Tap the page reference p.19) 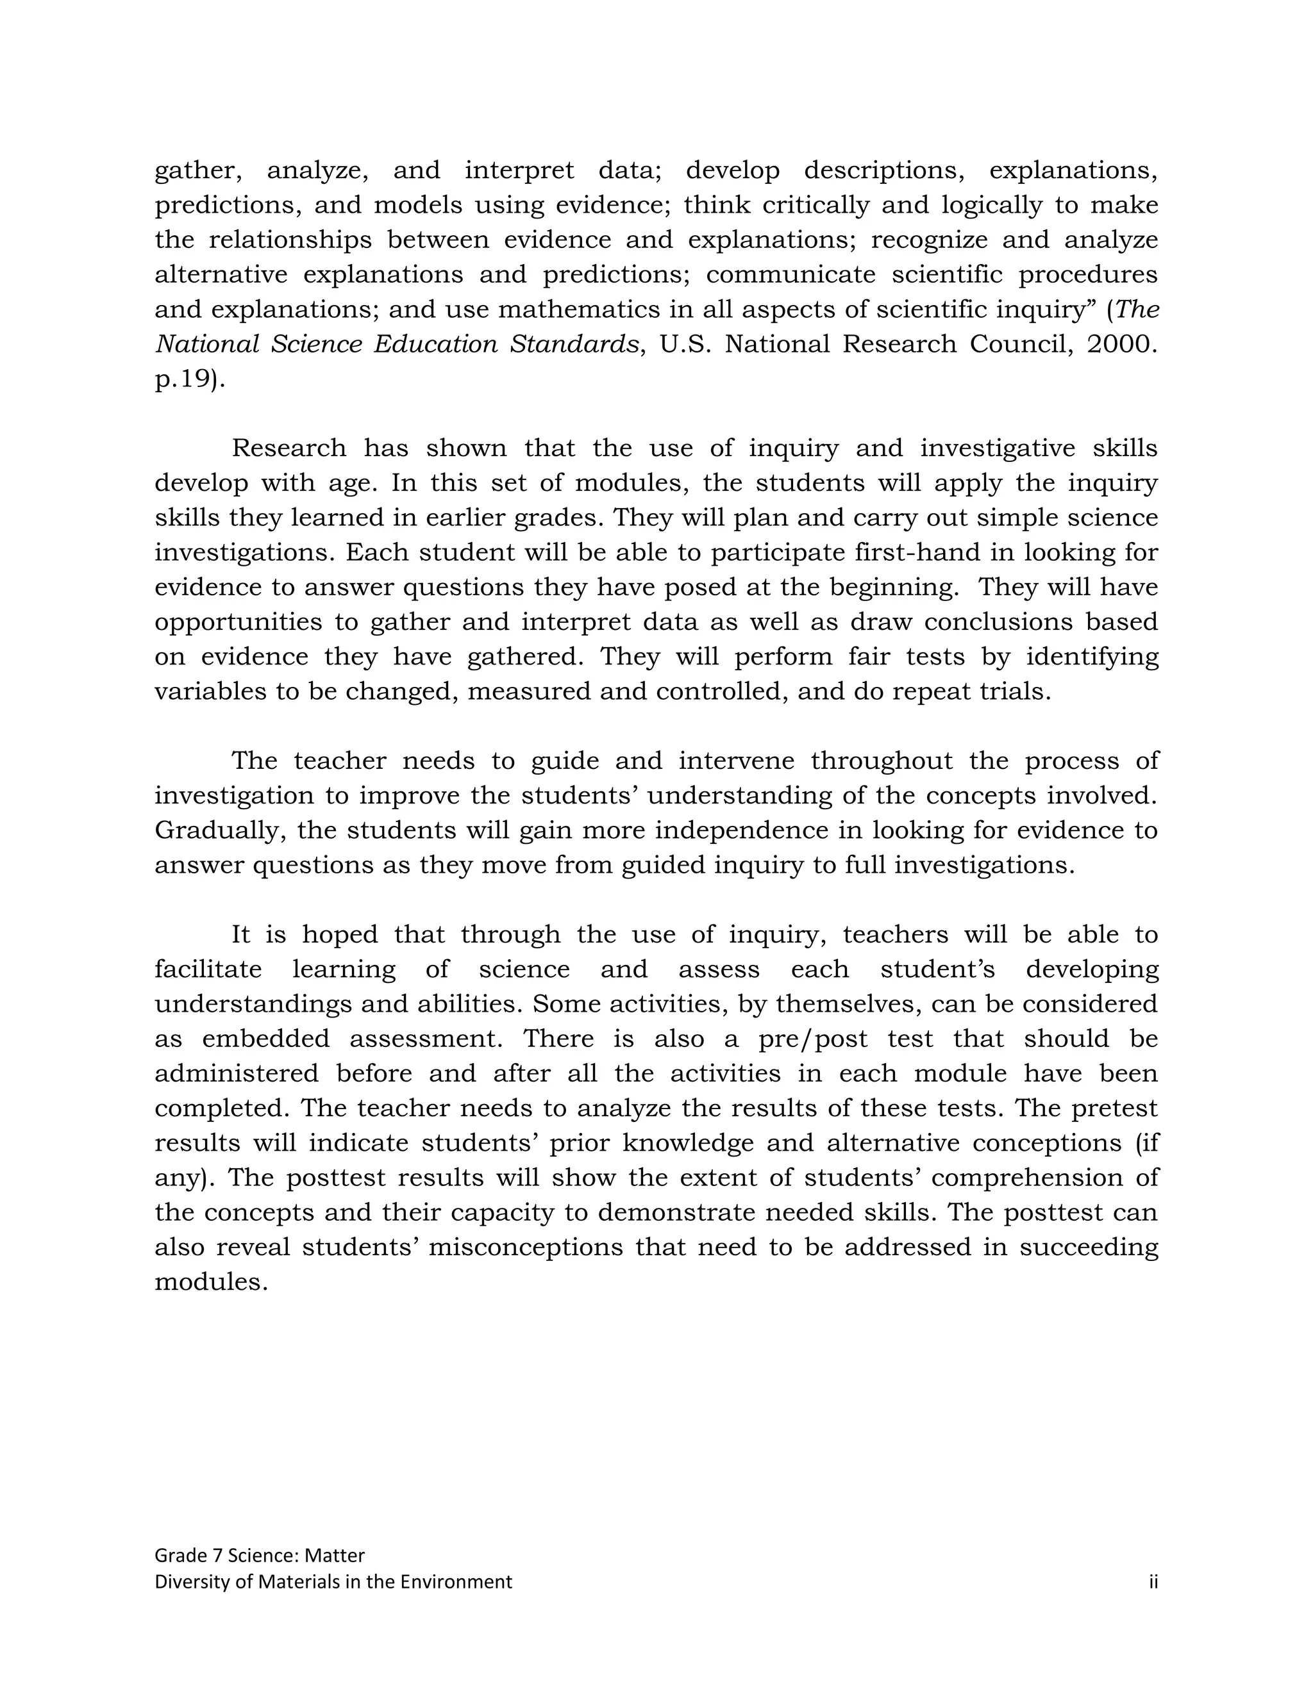(190, 380)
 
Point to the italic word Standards (574, 345)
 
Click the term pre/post (813, 1039)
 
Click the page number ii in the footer (1153, 1581)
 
